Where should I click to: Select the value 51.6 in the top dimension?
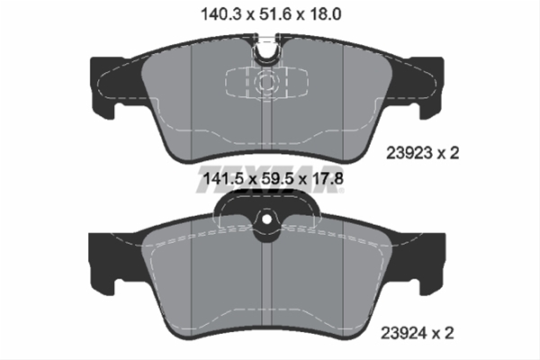coord(267,14)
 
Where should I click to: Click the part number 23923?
coord(410,153)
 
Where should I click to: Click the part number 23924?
coord(410,333)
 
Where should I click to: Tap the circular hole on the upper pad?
coord(267,83)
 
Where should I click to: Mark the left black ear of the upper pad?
coord(105,85)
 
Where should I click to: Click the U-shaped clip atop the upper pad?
coord(268,50)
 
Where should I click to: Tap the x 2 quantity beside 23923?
coord(447,153)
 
